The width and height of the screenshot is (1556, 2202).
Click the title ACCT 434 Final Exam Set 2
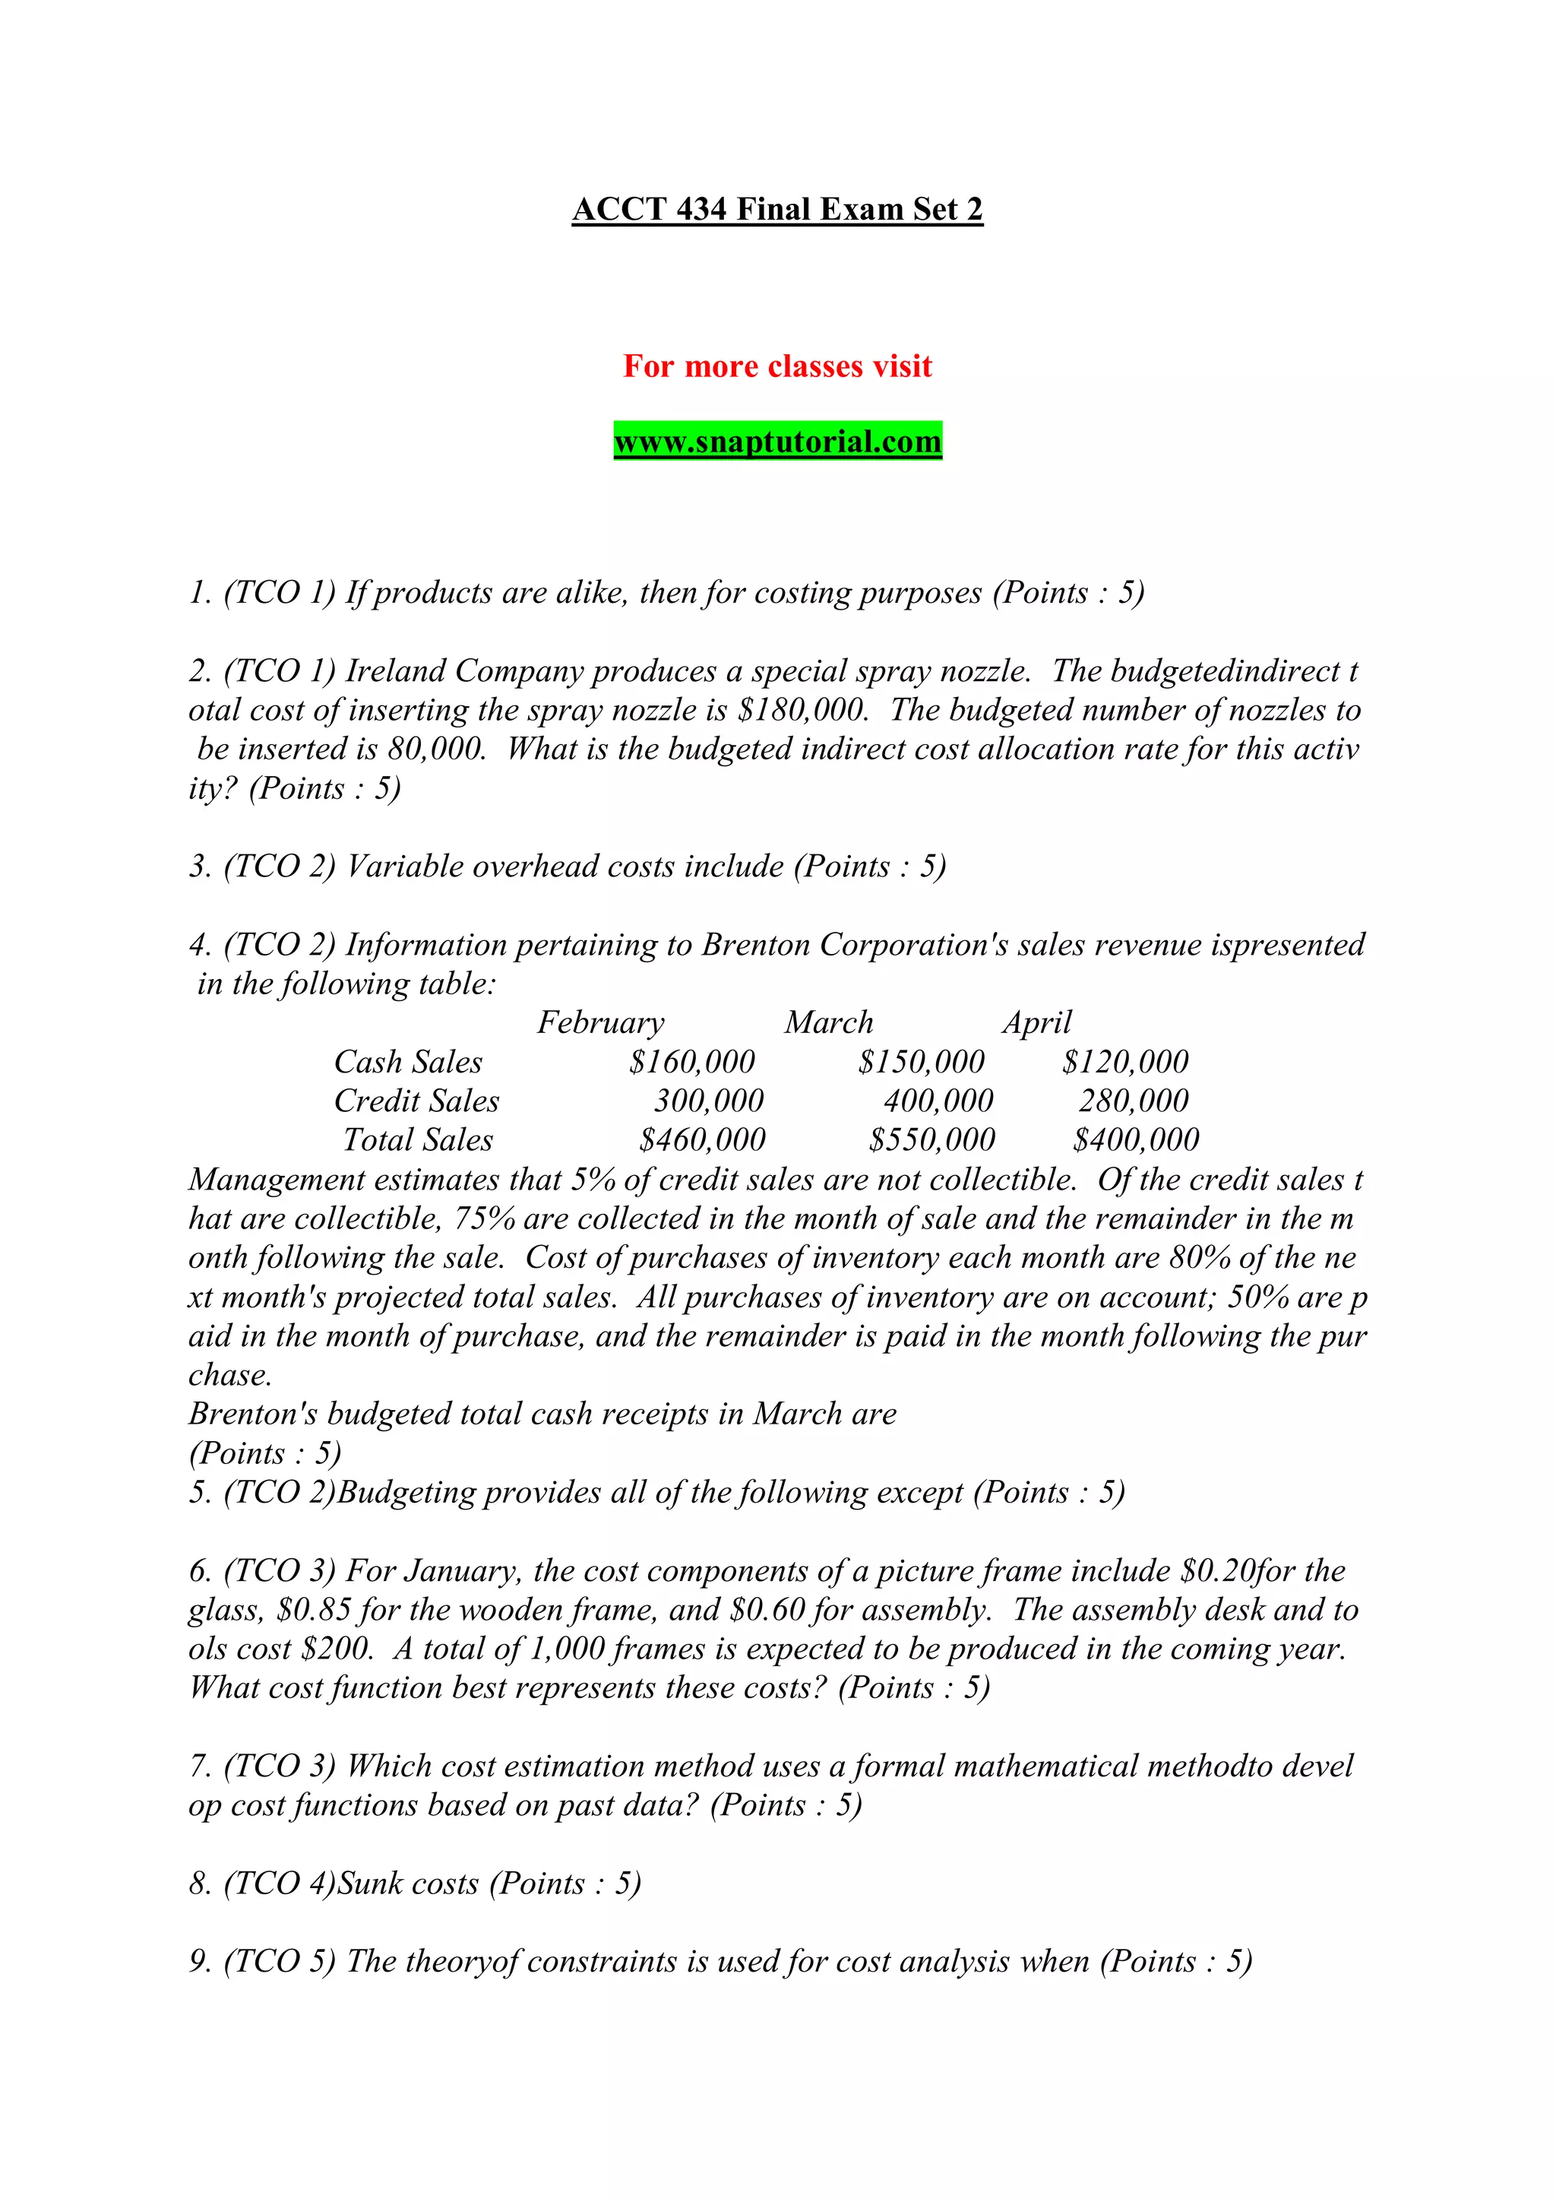777,209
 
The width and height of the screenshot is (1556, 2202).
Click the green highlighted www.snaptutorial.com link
777,442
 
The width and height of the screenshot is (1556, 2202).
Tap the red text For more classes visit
777,366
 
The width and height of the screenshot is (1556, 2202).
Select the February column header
600,1022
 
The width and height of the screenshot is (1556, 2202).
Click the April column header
1037,1022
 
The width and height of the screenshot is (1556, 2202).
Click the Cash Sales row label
409,1062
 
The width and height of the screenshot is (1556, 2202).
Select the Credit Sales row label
417,1101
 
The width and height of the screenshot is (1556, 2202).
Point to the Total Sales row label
418,1140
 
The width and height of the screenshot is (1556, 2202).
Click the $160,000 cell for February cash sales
692,1062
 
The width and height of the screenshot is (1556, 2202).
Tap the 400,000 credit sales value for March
938,1101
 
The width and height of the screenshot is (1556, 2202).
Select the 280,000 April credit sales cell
1134,1101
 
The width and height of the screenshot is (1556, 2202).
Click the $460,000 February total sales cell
703,1140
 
